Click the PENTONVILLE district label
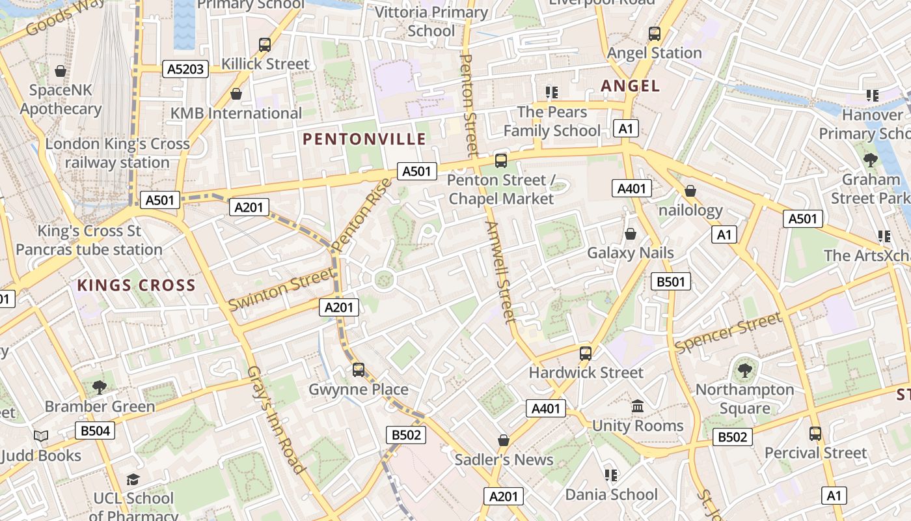point(364,139)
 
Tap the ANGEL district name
point(630,85)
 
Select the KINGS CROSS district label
point(136,285)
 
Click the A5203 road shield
point(185,69)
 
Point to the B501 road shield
point(671,281)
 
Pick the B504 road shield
point(96,430)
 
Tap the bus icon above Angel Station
point(655,33)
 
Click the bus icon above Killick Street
point(265,44)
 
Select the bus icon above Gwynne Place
point(358,370)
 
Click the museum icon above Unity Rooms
point(638,406)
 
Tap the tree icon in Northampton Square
point(744,371)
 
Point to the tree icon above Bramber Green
point(100,387)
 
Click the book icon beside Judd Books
point(41,436)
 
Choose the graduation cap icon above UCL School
point(133,479)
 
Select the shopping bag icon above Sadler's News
point(504,440)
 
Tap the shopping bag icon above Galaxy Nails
point(630,233)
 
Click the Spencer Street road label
point(727,333)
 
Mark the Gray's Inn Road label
point(276,419)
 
